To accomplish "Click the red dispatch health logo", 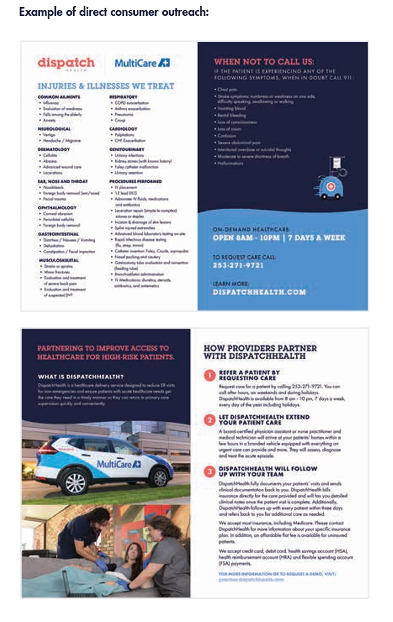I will (65, 64).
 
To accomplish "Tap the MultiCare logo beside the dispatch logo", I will (142, 63).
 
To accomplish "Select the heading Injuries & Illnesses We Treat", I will (105, 86).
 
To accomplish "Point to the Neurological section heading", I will (54, 128).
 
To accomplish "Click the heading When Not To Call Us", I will (264, 61).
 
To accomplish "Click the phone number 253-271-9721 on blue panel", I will (239, 266).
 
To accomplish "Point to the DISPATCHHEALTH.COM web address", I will (259, 292).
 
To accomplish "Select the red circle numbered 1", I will (210, 375).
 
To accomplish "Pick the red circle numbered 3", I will (210, 472).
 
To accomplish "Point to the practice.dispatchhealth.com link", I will (250, 579).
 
